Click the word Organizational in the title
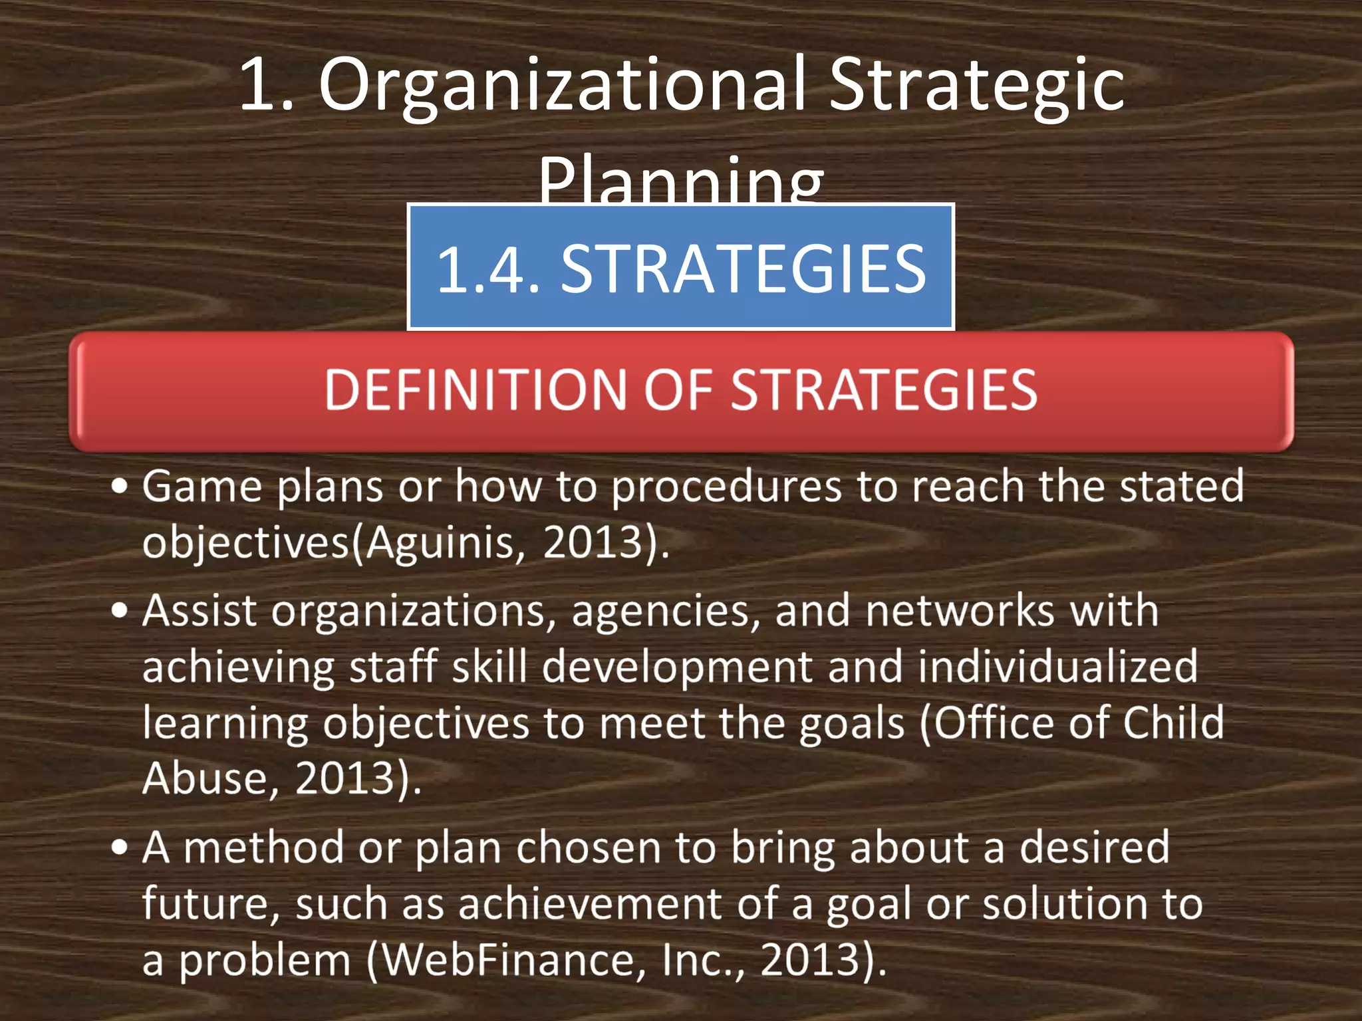(x=563, y=86)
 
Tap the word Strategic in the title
(x=976, y=86)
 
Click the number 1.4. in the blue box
(x=488, y=269)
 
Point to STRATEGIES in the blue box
(x=744, y=269)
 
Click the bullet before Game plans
(x=120, y=487)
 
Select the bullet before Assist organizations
(x=120, y=610)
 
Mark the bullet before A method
(x=120, y=848)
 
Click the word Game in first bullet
(x=202, y=487)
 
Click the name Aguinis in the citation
(x=440, y=543)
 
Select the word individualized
(x=1057, y=667)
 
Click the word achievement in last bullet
(x=589, y=904)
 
